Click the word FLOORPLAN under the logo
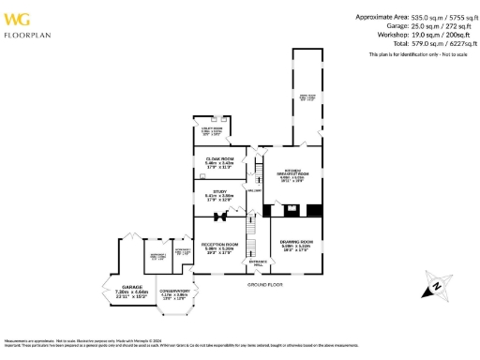point(22,35)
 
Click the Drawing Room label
point(295,245)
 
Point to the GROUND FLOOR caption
point(265,283)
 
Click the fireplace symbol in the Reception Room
point(221,217)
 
